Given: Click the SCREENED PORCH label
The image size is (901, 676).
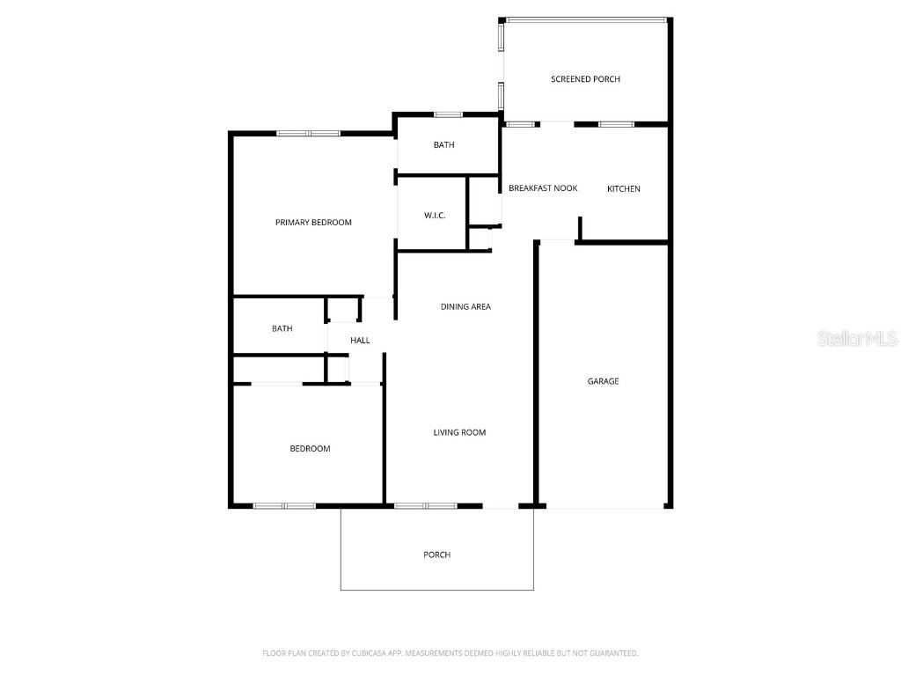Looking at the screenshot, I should [x=585, y=79].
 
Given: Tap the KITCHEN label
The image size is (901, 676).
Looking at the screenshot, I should [x=624, y=189].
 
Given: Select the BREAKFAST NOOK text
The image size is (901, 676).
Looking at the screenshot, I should [x=543, y=188].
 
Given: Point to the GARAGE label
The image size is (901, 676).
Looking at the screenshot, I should [x=603, y=381].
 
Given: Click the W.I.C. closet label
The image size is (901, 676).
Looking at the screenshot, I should [x=435, y=216].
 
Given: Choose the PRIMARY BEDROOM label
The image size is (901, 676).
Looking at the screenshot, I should [x=313, y=223].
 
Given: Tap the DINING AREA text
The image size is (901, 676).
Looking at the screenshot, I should [x=465, y=307].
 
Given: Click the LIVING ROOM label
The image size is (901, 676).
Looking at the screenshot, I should [x=459, y=432].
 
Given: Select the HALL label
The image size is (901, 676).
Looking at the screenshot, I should [x=360, y=341].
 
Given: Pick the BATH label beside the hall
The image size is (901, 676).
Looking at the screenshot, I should [x=282, y=329].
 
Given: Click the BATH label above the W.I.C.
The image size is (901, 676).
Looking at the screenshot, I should [x=443, y=145].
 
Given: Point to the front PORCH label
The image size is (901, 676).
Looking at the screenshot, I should [x=436, y=555].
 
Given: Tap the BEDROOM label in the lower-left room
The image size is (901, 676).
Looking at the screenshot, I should [x=310, y=449].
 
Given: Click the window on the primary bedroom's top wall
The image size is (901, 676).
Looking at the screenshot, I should [x=308, y=134].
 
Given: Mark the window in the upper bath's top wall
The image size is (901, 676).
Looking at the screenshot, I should [x=448, y=114].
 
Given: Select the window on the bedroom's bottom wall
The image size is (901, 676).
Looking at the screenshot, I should [x=284, y=506].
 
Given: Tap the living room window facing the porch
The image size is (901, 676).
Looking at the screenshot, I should [x=425, y=506].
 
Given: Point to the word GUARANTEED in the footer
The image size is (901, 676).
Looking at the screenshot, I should [x=612, y=653].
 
